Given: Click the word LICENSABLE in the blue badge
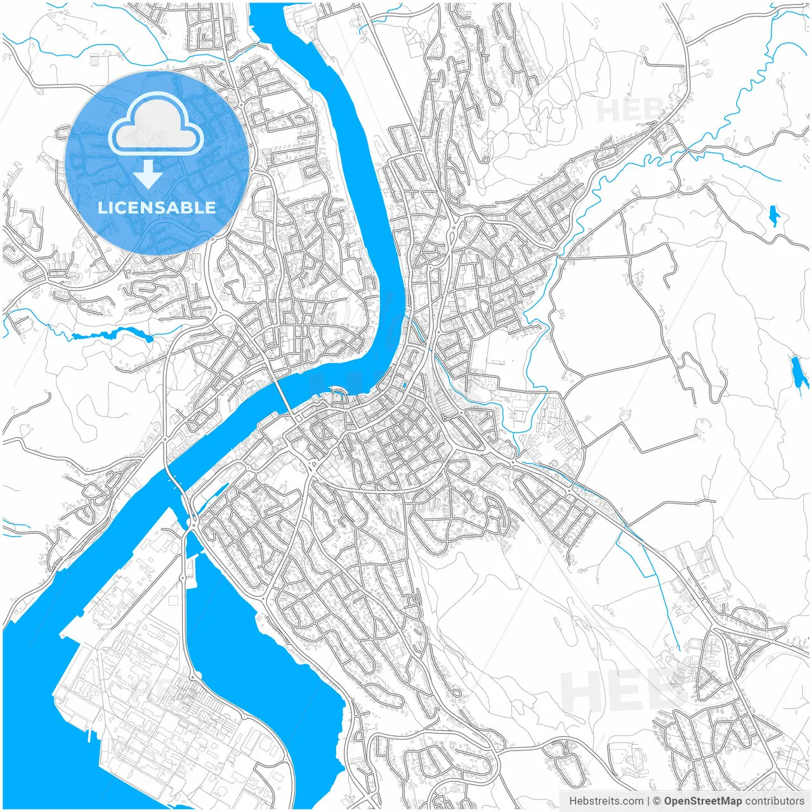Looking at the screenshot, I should pos(156,207).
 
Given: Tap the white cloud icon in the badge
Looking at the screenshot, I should pos(156,126).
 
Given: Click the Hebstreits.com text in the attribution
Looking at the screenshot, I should pos(606,801).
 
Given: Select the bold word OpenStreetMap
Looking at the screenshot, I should pos(703,801).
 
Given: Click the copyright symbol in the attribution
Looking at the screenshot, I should pos(657,801).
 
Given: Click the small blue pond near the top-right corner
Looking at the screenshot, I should pos(773,216).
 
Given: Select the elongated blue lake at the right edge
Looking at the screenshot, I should pos(796,372).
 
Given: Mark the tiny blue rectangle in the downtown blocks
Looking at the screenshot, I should pos(404,384).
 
